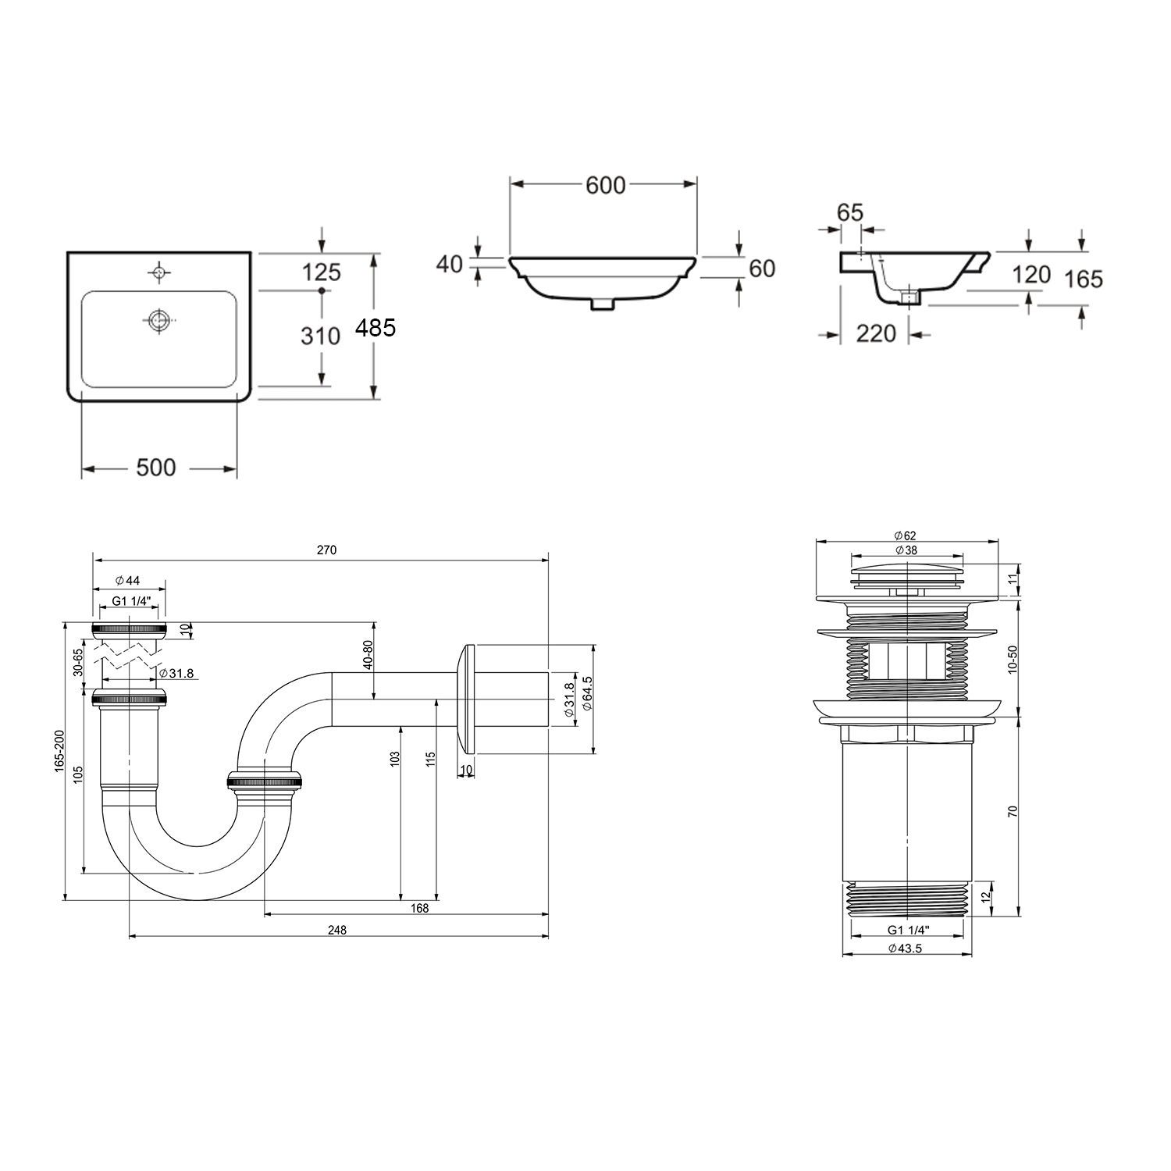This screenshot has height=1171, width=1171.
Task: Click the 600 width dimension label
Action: pos(606,185)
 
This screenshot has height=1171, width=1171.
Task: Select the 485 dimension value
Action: pos(376,329)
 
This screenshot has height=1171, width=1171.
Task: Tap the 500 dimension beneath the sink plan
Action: pos(156,468)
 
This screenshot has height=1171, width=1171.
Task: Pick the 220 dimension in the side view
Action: pos(876,333)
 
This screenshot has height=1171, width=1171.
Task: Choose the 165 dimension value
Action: pos(1084,279)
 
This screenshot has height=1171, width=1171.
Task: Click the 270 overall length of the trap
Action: pos(326,550)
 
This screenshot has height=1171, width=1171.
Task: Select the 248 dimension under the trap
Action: pos(336,930)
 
